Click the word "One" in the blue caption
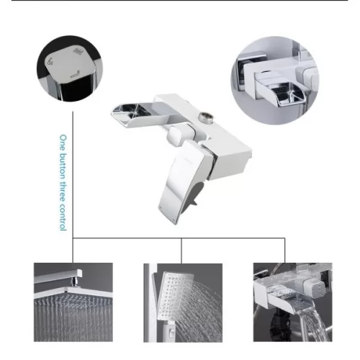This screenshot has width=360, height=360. [63, 143]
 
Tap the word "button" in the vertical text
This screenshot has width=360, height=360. [63, 166]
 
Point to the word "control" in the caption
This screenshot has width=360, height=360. [63, 217]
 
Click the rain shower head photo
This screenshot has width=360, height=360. [73, 302]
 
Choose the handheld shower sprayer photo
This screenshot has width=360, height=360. [183, 302]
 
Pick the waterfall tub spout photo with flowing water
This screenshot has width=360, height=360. [293, 302]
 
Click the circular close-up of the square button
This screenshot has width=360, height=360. [70, 68]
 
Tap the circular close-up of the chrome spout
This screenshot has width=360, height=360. [275, 80]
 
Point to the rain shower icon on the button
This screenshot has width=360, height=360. [77, 52]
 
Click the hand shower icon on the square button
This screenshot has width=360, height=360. [50, 62]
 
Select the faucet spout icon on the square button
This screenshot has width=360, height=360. [75, 74]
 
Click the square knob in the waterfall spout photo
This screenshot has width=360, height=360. [314, 289]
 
